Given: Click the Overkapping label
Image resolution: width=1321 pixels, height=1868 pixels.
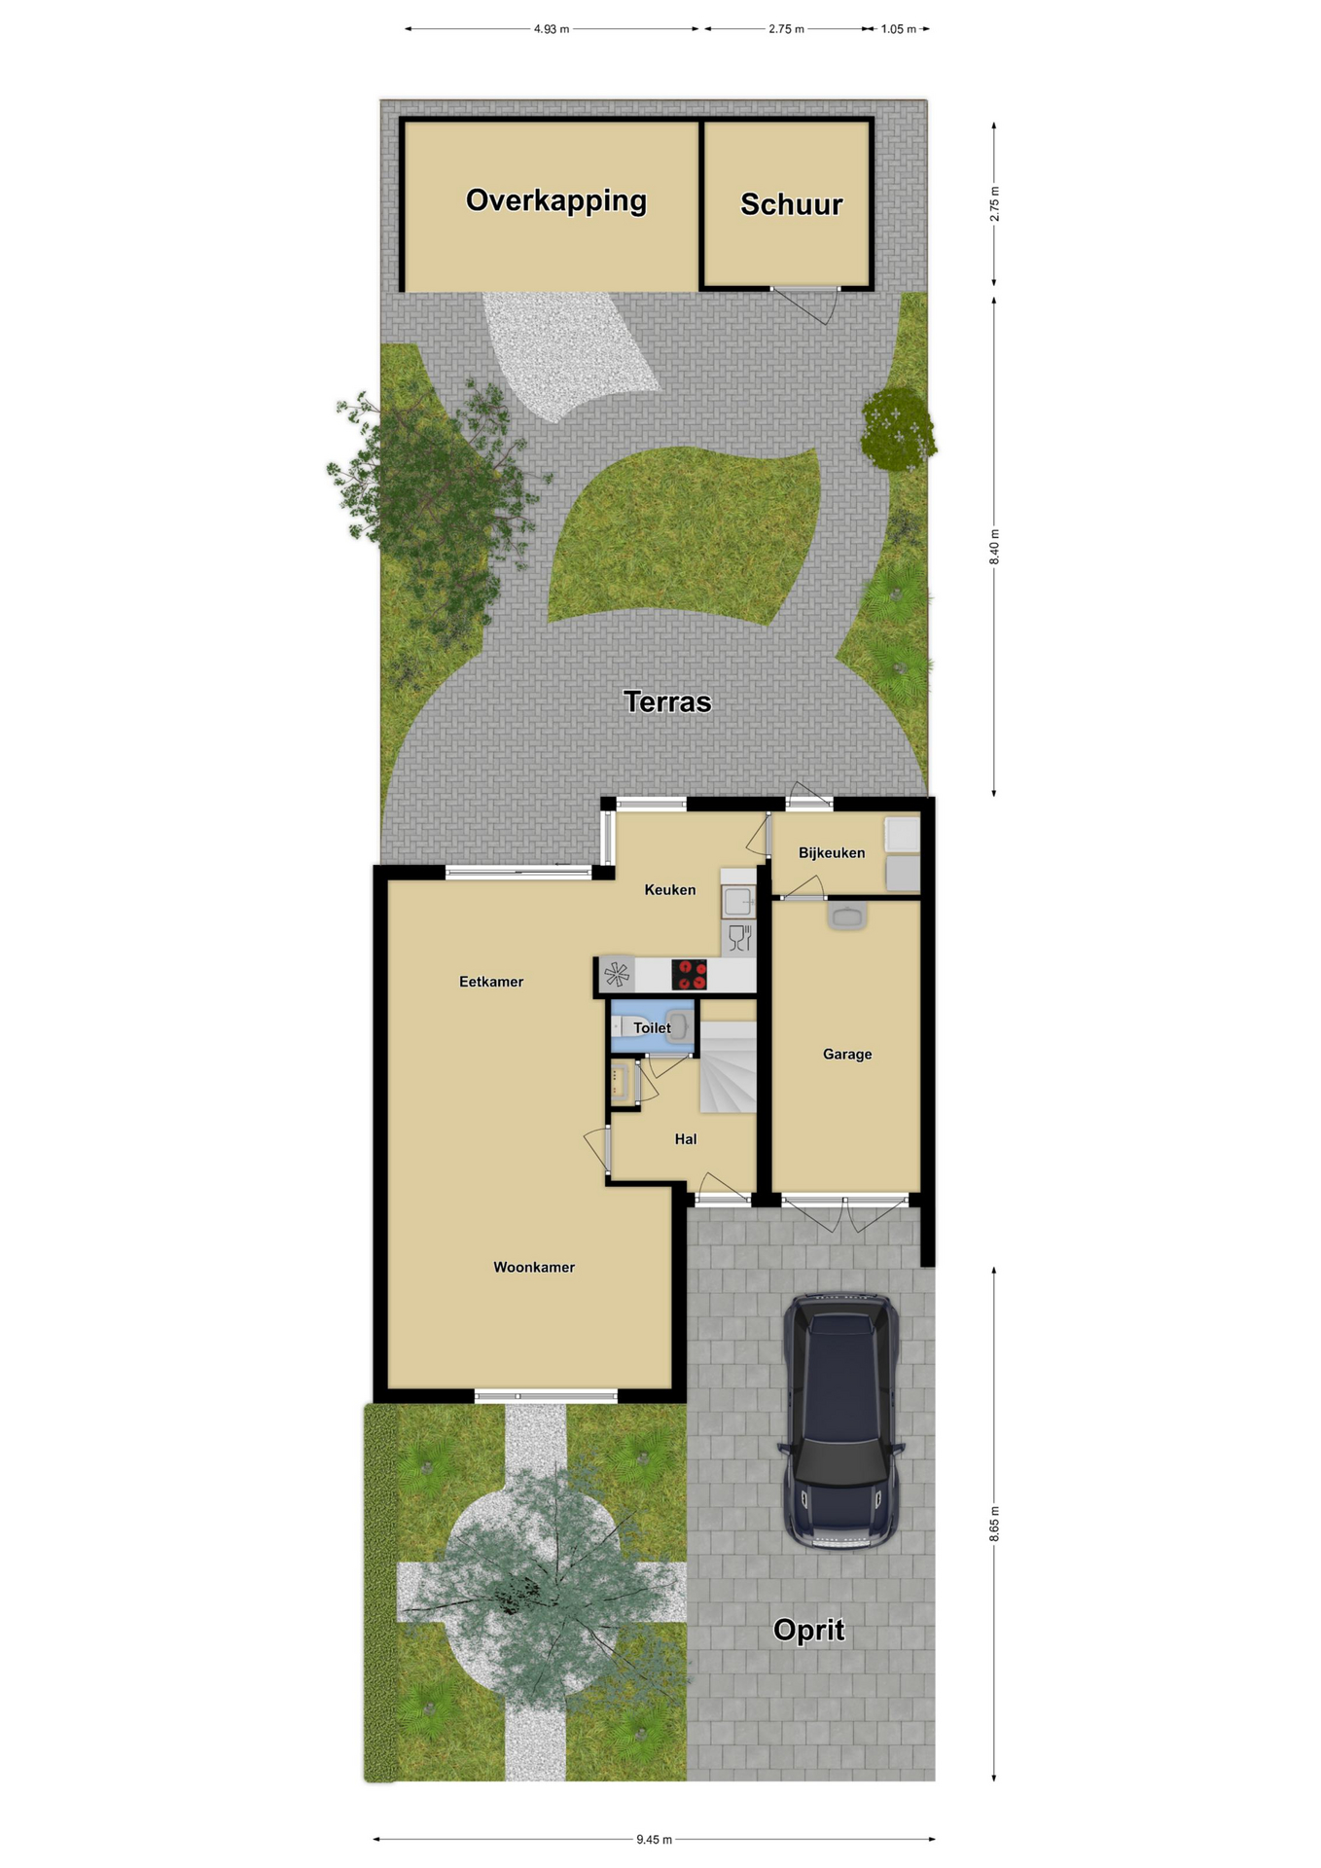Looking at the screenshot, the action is [555, 200].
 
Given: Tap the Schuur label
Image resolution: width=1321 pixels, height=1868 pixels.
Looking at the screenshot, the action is [791, 204].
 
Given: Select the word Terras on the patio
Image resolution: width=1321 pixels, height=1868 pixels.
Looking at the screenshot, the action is [667, 701].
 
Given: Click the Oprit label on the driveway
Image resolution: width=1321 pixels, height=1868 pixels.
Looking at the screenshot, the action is [808, 1630].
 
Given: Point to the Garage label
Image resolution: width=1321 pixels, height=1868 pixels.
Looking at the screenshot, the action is [846, 1054].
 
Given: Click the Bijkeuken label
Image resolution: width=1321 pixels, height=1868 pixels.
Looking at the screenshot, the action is [832, 853].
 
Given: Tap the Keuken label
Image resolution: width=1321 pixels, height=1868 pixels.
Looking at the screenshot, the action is [670, 889].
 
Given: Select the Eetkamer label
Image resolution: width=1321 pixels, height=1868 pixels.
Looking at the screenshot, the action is [491, 982].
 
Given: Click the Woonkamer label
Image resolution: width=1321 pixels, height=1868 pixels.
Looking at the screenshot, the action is [534, 1267].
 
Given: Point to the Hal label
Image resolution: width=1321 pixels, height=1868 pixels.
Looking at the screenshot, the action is [686, 1139].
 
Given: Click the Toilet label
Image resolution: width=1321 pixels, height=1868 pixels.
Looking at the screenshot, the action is [652, 1027].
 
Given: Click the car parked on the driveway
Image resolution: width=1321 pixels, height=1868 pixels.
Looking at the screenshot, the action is [841, 1420].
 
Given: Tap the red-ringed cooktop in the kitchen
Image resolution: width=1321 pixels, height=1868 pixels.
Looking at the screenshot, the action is [689, 974].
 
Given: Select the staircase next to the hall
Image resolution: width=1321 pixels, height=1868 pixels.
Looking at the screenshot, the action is [728, 1066].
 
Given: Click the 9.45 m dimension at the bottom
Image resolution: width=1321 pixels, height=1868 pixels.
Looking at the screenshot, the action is [655, 1839].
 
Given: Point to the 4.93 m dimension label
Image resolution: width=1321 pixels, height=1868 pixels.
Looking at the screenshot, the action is [552, 29].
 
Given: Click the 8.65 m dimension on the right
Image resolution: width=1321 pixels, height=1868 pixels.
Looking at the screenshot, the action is [994, 1524].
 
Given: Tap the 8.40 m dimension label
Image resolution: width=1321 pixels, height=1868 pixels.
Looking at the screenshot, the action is [994, 547].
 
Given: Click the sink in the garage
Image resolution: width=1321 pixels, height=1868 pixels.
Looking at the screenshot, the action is [847, 916].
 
